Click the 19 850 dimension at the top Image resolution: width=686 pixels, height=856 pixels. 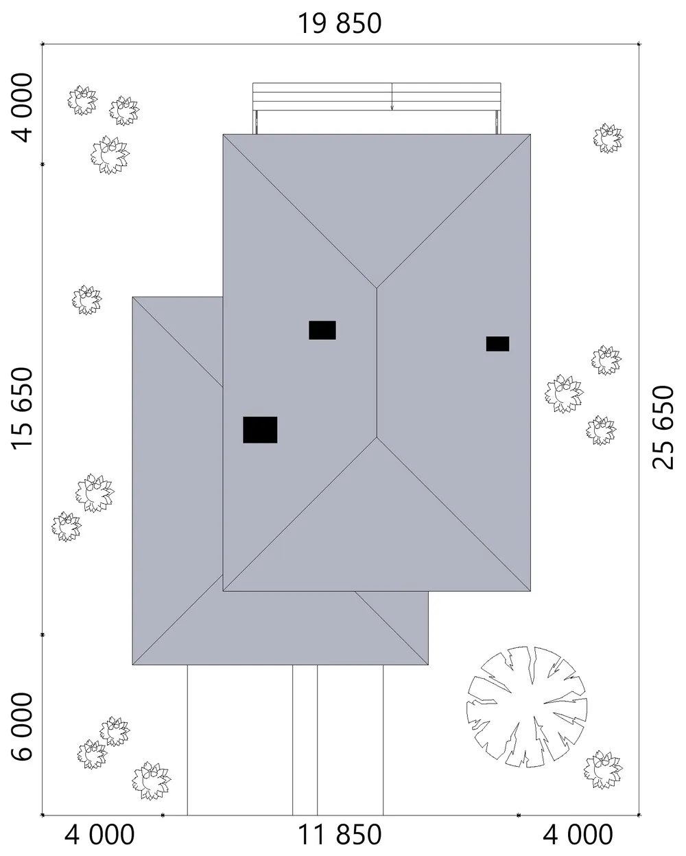tap(340, 23)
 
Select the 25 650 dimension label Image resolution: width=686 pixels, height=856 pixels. tap(663, 427)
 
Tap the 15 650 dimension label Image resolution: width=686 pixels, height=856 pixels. tap(22, 408)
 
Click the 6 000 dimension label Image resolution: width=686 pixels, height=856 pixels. tap(22, 727)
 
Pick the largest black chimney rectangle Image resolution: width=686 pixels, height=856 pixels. tap(260, 430)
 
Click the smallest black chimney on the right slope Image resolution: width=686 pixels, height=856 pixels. tap(497, 344)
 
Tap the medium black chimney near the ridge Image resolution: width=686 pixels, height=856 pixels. tap(322, 330)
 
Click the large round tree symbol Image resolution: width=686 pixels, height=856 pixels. tap(527, 707)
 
